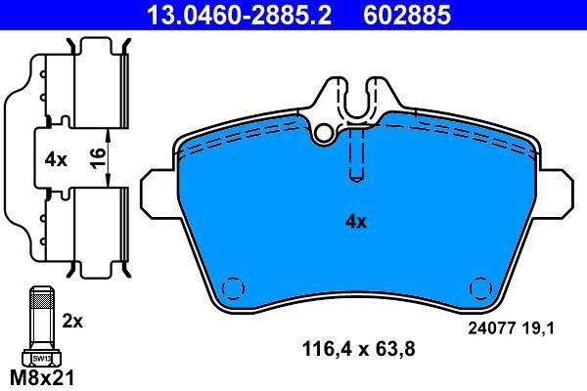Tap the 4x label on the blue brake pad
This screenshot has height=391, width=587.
click(355, 222)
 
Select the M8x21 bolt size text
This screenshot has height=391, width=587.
click(40, 376)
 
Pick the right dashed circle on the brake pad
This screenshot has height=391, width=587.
click(480, 289)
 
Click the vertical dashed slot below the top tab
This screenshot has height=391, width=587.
click(356, 156)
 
